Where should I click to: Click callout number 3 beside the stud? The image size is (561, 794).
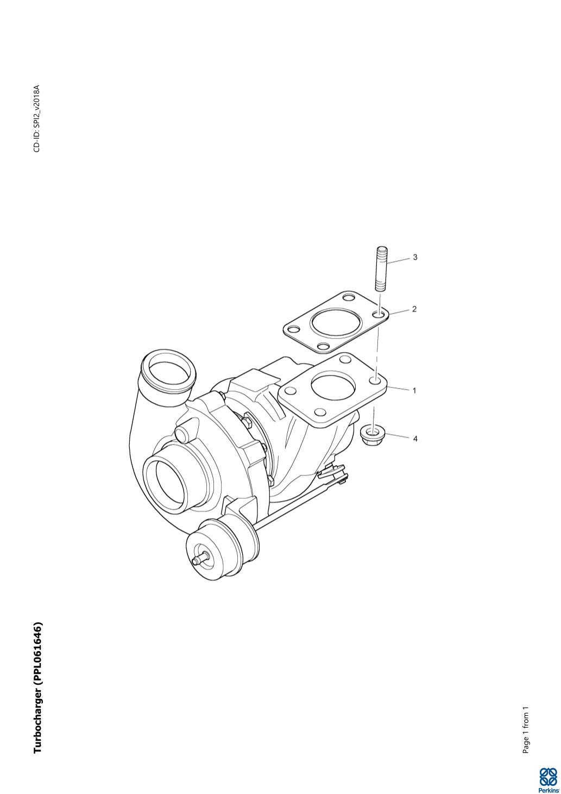click(415, 257)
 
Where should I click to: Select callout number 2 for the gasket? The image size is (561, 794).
click(414, 309)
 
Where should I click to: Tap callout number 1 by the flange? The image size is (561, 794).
click(415, 391)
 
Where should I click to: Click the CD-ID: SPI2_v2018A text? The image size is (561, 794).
click(37, 118)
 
